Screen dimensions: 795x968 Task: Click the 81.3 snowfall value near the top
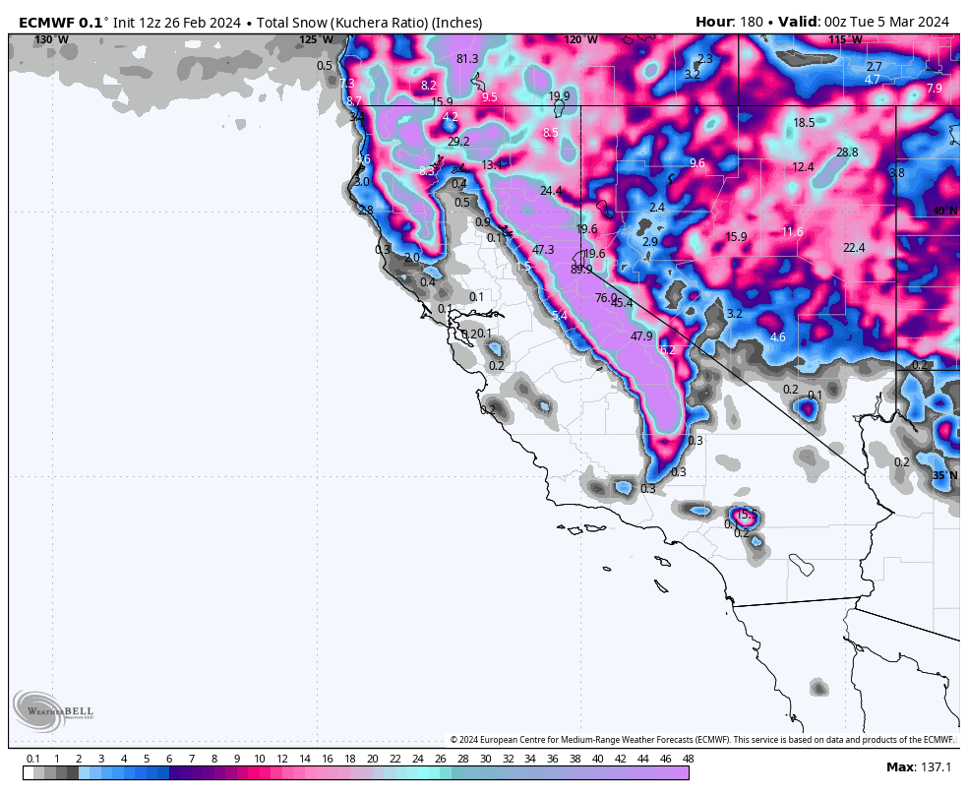coord(467,59)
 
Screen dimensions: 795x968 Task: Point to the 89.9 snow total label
coord(581,269)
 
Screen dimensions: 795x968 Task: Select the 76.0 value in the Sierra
coord(606,298)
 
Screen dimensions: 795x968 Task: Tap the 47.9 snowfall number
coord(641,336)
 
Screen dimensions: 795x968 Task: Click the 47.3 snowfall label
coord(543,250)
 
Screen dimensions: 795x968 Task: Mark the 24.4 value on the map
coord(551,191)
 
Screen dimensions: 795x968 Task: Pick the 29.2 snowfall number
coord(458,142)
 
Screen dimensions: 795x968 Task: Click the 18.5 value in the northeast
coord(804,123)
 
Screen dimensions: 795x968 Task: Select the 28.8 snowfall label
coord(847,153)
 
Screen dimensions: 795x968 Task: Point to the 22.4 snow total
coord(854,248)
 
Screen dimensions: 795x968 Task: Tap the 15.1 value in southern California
coord(747,515)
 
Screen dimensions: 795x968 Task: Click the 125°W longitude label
coord(317,40)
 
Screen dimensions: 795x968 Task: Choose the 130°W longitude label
coord(51,40)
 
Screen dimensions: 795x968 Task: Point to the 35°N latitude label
coord(944,475)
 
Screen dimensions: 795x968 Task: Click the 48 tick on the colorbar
coord(688,759)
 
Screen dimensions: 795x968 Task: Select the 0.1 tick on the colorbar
coord(32,759)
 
